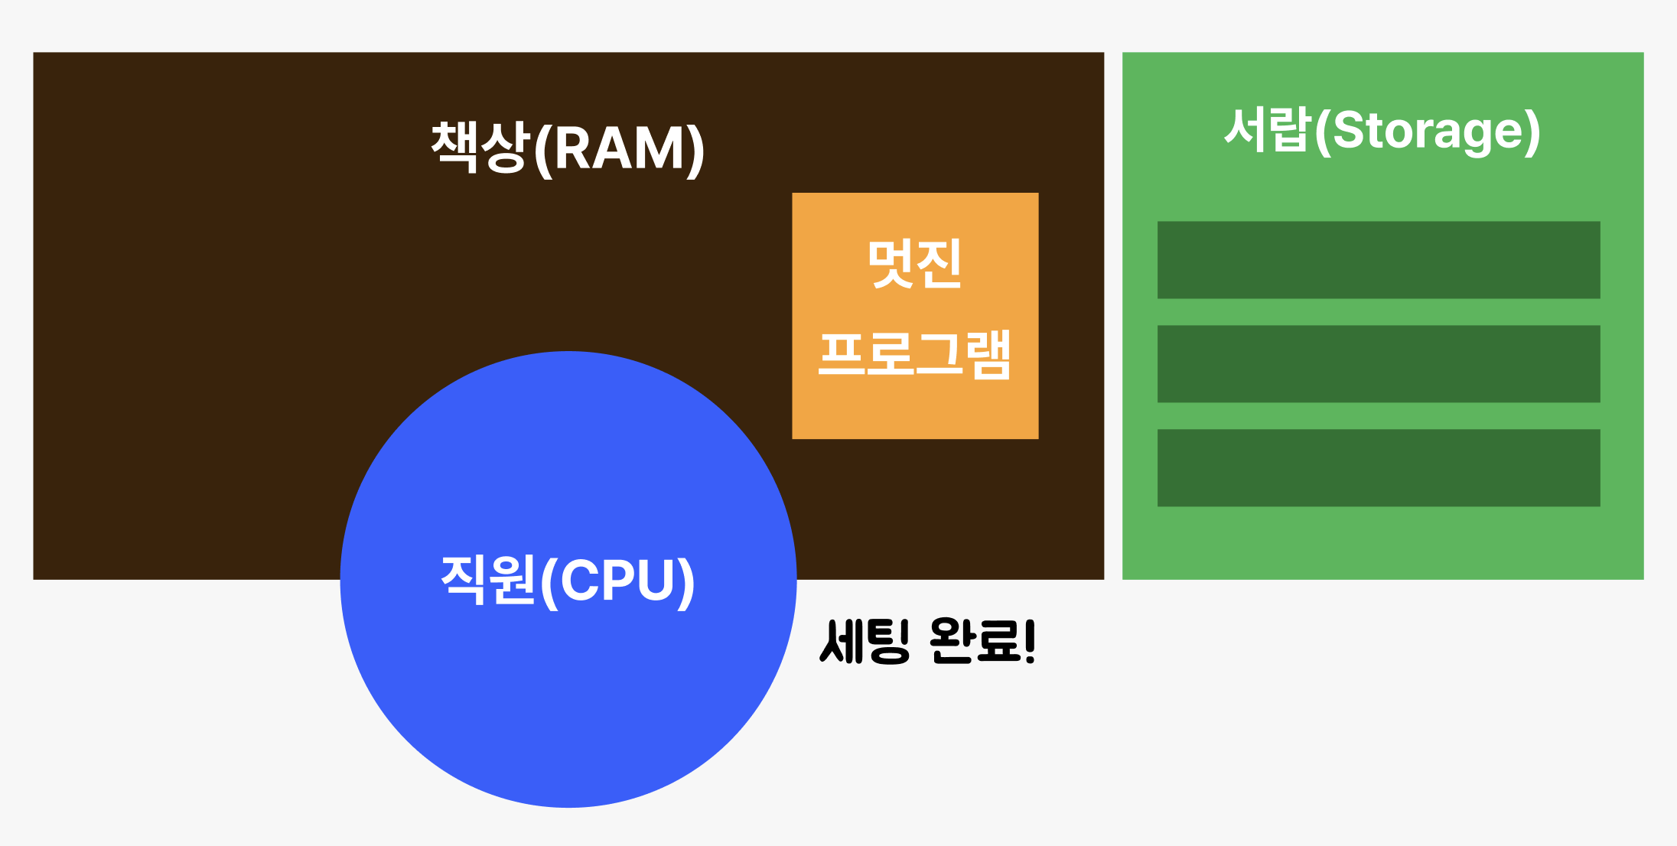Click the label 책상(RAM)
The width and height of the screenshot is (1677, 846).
[568, 148]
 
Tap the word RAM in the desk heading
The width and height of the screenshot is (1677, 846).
[618, 148]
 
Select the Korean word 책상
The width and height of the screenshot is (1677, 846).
[480, 147]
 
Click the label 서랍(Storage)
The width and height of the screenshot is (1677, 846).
[1382, 131]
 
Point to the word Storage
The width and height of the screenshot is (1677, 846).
[1427, 132]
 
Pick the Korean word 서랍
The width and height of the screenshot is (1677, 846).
[1267, 129]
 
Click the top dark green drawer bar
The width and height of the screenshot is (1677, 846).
[1379, 260]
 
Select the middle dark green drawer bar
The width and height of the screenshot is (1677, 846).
[1379, 364]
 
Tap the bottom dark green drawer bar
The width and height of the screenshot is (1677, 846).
[1379, 468]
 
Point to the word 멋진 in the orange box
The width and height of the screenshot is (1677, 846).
[914, 264]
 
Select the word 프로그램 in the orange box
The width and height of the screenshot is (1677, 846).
[914, 355]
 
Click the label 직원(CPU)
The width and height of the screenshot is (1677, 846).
[568, 581]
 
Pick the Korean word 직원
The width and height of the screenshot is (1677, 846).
[488, 580]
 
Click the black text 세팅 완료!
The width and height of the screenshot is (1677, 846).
[927, 641]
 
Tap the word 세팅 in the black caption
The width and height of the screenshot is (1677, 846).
[865, 641]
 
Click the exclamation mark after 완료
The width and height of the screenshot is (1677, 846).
[1029, 641]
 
